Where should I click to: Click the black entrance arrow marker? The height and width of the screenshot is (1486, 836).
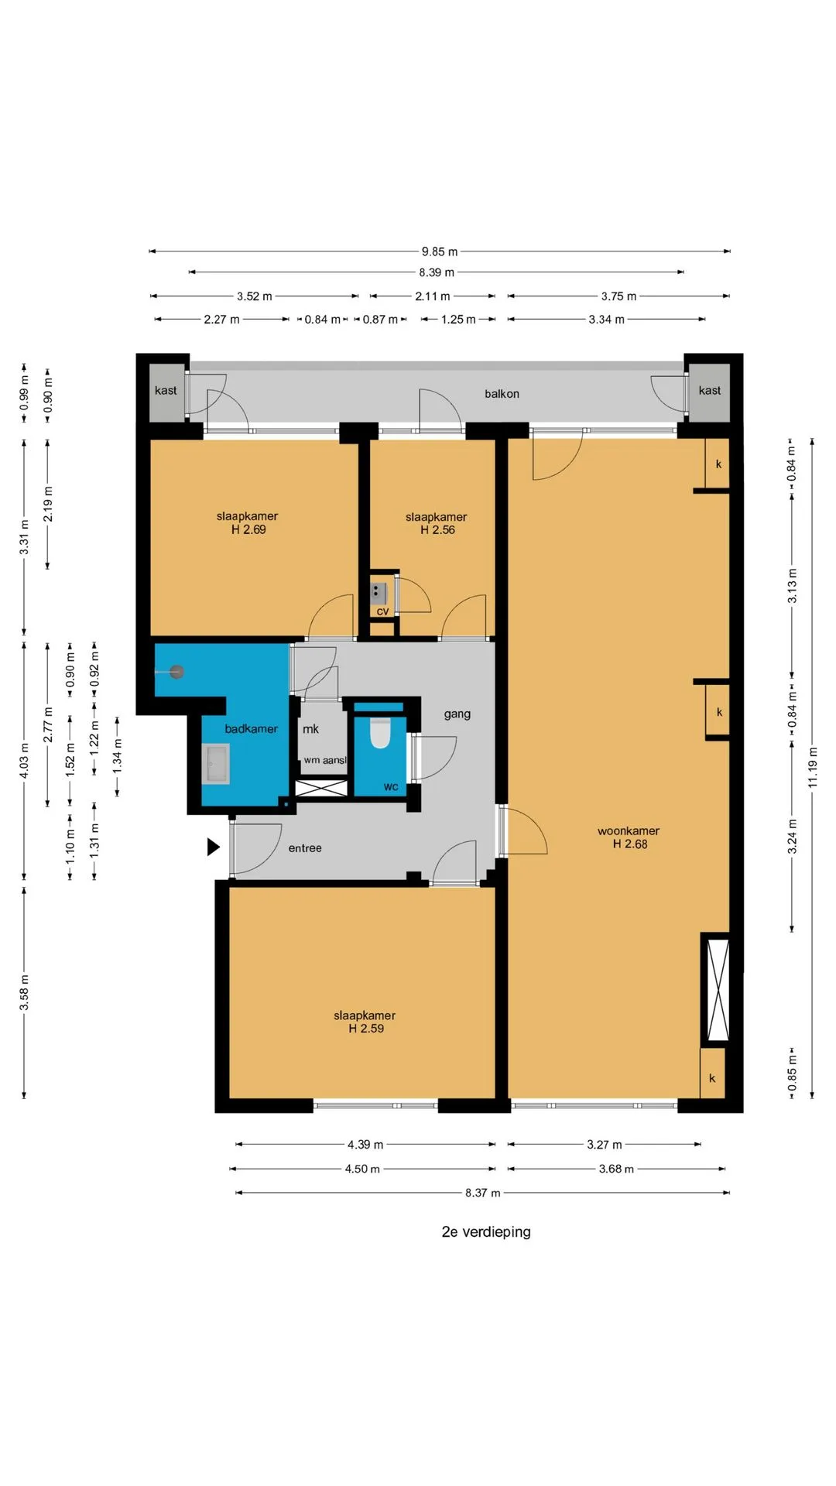point(213,847)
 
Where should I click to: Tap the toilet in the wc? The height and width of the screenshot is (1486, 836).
point(380,733)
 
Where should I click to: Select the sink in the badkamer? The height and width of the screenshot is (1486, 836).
point(216,764)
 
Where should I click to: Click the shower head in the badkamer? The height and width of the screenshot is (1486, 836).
point(177,672)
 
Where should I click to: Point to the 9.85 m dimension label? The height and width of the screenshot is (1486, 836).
point(440,252)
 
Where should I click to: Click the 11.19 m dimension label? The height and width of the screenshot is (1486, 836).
point(813,768)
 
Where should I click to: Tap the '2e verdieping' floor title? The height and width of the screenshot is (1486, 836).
point(486,1231)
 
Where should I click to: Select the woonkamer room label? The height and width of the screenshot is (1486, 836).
point(629,831)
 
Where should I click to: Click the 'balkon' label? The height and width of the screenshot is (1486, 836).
point(502,394)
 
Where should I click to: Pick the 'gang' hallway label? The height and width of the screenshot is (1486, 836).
point(457,714)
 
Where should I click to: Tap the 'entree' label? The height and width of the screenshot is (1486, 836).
point(305,848)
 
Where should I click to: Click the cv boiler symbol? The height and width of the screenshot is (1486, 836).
point(378,594)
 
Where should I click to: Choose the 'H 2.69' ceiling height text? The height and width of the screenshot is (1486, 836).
point(248,530)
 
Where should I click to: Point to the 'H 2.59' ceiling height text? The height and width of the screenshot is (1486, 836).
point(366,1029)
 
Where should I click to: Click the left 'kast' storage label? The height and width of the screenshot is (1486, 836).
point(166,390)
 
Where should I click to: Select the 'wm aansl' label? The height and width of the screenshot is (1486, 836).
point(325,760)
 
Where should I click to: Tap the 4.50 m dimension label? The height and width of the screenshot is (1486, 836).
point(362,1169)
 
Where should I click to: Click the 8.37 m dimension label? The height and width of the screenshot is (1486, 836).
point(483,1193)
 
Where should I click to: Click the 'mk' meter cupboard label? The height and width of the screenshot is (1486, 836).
point(310,729)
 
